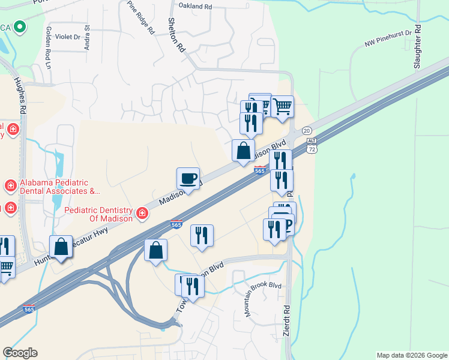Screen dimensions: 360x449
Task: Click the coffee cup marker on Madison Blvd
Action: pos(188,179)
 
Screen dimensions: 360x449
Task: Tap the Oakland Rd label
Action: pos(196,6)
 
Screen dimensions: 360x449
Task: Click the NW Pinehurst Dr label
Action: pos(390,40)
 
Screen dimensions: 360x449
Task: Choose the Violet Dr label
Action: pos(68,37)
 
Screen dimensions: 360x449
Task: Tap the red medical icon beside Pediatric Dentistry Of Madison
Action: pos(142,213)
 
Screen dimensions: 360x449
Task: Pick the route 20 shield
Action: pos(307,131)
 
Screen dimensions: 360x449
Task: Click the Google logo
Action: pos(20,353)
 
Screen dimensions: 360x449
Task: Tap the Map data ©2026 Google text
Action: pos(411,355)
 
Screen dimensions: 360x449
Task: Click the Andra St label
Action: pos(88,37)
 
